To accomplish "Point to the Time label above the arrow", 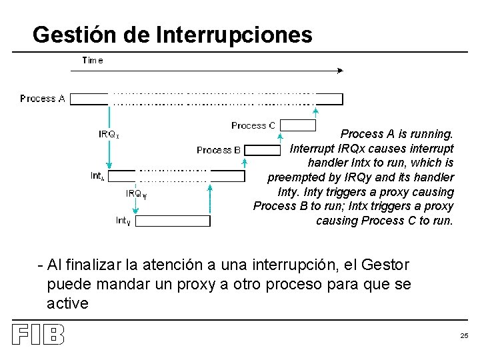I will (93, 60).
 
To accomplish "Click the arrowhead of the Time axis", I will (341, 69).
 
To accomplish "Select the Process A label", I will (43, 99).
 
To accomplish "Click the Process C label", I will (253, 125).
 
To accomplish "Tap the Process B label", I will (219, 150).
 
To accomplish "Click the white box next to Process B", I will (263, 150).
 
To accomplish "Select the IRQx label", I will (109, 134).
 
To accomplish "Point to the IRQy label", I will (137, 194).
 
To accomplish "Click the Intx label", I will (98, 176).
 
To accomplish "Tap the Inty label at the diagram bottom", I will (123, 221).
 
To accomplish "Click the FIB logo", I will (38, 335).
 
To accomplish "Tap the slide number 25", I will (464, 335).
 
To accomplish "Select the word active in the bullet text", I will (67, 304).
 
